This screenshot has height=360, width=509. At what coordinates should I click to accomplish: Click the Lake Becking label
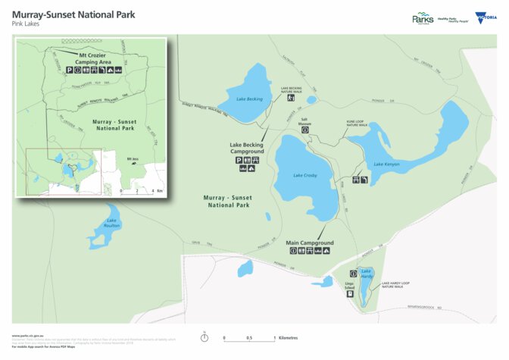(248, 99)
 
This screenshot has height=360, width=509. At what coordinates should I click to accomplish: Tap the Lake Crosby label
(304, 175)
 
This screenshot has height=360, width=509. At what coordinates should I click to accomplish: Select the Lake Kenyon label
(386, 164)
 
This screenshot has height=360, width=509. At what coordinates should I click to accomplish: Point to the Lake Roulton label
(112, 223)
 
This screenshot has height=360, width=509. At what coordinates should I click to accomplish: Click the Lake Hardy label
(367, 274)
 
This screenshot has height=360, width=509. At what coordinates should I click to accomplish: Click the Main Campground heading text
(310, 243)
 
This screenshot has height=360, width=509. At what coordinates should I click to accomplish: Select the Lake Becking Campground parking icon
(239, 161)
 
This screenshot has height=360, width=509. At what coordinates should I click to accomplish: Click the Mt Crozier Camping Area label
(95, 58)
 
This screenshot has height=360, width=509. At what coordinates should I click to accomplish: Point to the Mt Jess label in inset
(133, 158)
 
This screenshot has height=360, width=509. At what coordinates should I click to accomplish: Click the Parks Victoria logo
(423, 18)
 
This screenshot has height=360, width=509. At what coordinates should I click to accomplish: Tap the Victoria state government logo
(481, 17)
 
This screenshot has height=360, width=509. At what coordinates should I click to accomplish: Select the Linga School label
(350, 286)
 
